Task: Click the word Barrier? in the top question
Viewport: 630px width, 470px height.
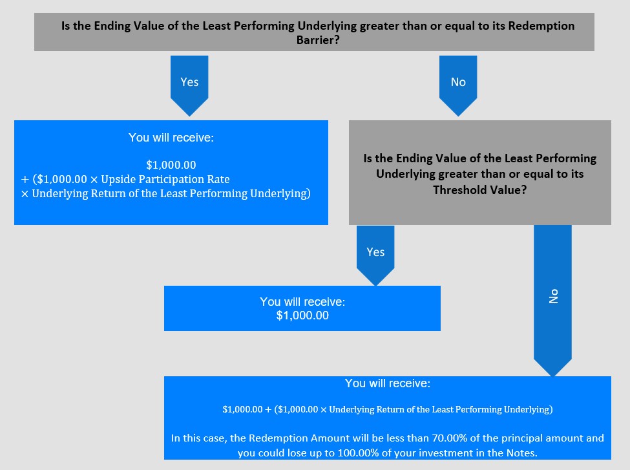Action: [318, 40]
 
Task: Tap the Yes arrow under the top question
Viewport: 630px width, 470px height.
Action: [189, 85]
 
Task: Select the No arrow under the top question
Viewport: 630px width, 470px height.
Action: [458, 85]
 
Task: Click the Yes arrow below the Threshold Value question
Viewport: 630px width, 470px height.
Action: [375, 256]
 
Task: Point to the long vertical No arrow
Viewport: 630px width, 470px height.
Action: [552, 301]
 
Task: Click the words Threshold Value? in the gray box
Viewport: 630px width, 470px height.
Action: [479, 190]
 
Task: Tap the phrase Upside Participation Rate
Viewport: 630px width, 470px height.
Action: [165, 179]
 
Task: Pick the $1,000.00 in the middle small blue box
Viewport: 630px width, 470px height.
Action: [302, 315]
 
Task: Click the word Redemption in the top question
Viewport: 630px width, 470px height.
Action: [541, 26]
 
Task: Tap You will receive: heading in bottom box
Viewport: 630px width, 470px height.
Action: [387, 383]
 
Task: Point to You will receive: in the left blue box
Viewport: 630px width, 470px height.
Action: [171, 138]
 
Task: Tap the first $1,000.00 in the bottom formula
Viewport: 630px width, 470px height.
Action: [242, 409]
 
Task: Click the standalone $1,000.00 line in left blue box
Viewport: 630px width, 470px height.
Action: [171, 165]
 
